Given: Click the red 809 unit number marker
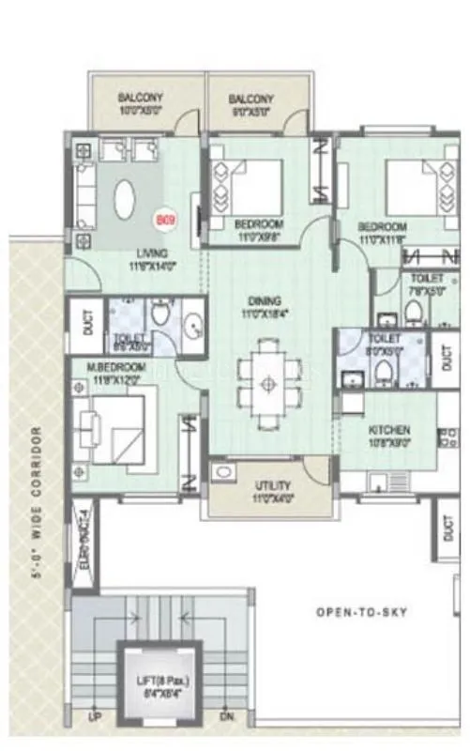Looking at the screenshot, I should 165,221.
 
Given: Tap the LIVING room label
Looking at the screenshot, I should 150,253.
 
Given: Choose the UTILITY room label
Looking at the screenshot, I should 271,485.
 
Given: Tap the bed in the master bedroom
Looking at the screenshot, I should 111,427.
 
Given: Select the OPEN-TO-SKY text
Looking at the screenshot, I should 356,611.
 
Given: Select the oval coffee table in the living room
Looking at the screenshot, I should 123,199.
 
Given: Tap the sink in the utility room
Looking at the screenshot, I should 223,472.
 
